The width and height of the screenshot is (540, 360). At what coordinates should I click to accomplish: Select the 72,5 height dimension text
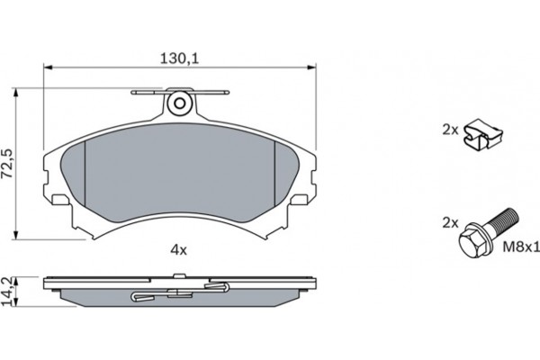pyautogui.click(x=8, y=164)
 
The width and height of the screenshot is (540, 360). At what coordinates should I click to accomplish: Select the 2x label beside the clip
pyautogui.click(x=449, y=130)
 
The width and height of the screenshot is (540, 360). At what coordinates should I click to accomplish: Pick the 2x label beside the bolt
pyautogui.click(x=449, y=220)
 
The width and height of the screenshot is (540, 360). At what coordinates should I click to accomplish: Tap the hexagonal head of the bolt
pyautogui.click(x=472, y=242)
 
